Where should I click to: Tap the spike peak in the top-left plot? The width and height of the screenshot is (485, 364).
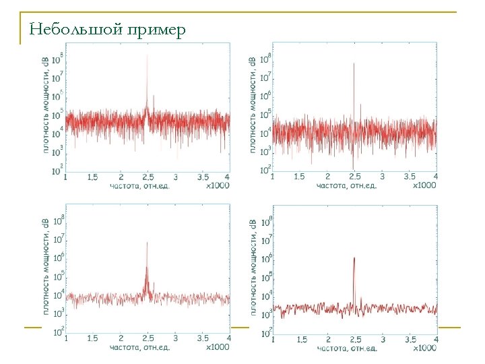pyautogui.click(x=148, y=56)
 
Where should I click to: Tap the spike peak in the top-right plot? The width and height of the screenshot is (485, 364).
pyautogui.click(x=354, y=64)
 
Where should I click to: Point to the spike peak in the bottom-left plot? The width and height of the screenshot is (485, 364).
pyautogui.click(x=147, y=243)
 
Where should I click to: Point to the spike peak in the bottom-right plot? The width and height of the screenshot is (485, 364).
pyautogui.click(x=354, y=258)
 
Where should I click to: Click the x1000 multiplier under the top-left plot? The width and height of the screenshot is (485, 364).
pyautogui.click(x=218, y=185)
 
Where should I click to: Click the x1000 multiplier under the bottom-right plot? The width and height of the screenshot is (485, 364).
pyautogui.click(x=424, y=348)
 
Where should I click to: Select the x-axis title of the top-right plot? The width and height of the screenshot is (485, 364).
pyautogui.click(x=347, y=185)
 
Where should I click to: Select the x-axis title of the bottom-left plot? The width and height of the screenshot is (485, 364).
pyautogui.click(x=140, y=348)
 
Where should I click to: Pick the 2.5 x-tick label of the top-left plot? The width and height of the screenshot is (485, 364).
pyautogui.click(x=147, y=177)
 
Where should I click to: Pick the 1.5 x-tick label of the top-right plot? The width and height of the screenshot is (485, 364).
pyautogui.click(x=300, y=177)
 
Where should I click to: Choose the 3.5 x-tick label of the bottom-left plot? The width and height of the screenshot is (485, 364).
pyautogui.click(x=203, y=338)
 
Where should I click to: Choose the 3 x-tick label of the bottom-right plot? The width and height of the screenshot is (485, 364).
pyautogui.click(x=382, y=339)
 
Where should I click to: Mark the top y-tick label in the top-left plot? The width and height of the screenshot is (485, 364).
pyautogui.click(x=59, y=55)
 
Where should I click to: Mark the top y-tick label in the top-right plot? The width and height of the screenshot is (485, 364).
pyautogui.click(x=266, y=57)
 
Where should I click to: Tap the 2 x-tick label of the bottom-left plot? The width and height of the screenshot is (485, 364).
pyautogui.click(x=120, y=338)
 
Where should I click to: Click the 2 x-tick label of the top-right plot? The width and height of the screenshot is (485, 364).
pyautogui.click(x=327, y=177)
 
